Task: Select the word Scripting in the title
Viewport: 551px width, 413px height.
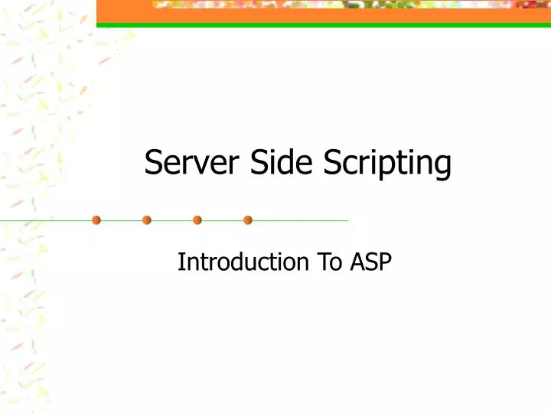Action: coord(387,163)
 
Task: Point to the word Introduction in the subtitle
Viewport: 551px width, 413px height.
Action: coord(243,262)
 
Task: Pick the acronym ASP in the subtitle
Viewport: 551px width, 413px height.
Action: coord(370,262)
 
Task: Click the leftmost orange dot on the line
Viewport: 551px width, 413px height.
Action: coord(96,220)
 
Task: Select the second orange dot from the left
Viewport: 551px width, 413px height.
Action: coord(147,220)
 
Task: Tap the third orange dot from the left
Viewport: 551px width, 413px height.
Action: coord(197,220)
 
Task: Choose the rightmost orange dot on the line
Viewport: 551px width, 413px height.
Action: coord(248,220)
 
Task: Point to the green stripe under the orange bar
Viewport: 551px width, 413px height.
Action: coord(321,25)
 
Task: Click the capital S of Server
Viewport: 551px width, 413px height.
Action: coord(153,163)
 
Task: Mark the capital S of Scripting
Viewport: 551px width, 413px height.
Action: coord(331,163)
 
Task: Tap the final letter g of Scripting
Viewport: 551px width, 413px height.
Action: coord(443,166)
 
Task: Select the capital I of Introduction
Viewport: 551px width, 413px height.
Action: coord(181,262)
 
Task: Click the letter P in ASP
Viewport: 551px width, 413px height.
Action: coord(385,262)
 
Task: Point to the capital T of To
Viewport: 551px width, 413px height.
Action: coord(321,262)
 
